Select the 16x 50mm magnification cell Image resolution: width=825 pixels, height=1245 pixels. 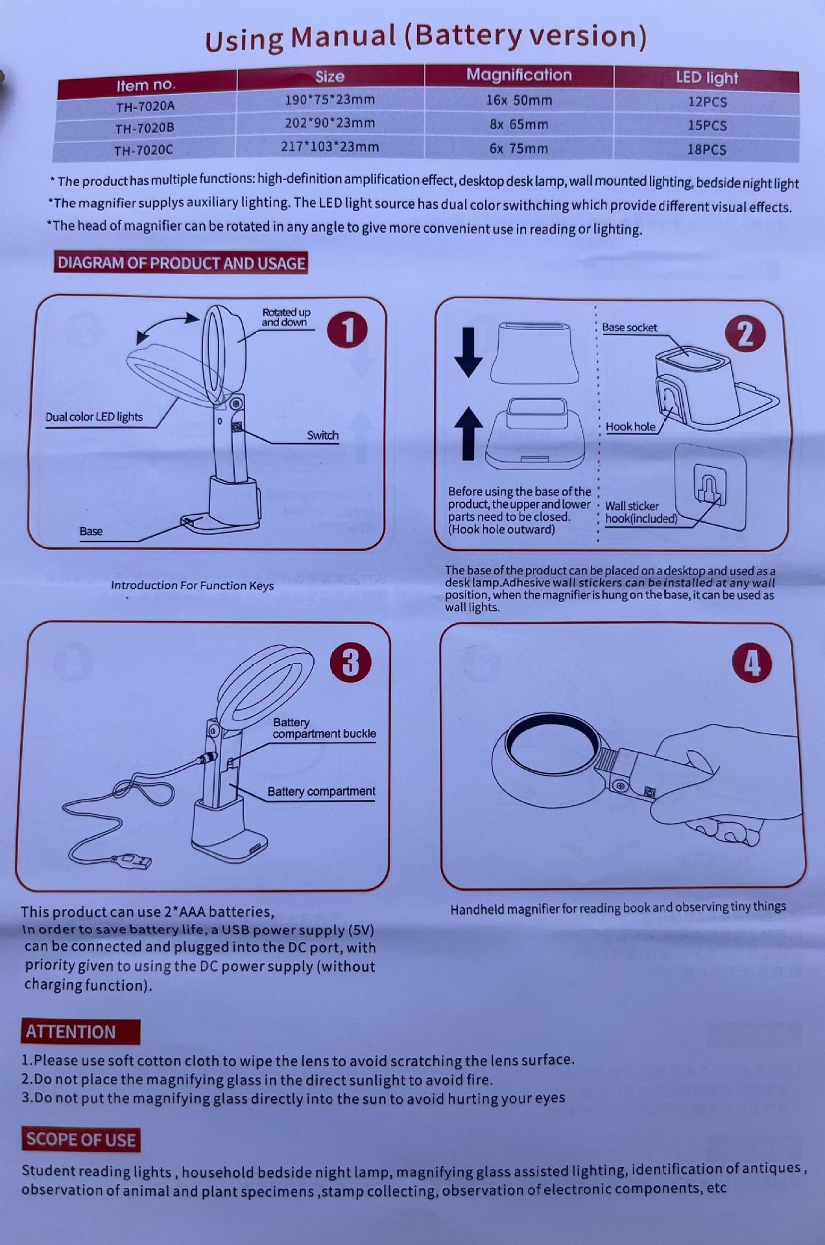tap(519, 101)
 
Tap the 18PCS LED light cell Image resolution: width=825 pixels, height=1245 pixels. tap(706, 150)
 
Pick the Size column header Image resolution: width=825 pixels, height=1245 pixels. tap(330, 77)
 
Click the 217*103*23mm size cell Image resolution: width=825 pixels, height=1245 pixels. tap(329, 147)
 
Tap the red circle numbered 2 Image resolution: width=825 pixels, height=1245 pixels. tap(745, 335)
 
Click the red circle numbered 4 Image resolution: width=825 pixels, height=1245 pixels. tap(752, 663)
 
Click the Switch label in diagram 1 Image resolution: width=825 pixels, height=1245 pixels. tap(322, 435)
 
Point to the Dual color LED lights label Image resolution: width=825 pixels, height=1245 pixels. tap(94, 417)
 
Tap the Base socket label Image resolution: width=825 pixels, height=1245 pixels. tap(629, 327)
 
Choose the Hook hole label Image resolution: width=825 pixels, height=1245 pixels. tap(630, 427)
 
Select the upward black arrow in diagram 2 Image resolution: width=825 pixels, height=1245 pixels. tap(468, 434)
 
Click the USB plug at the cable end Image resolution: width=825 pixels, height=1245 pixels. tap(134, 861)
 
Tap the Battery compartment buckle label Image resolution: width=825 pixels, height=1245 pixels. tap(324, 728)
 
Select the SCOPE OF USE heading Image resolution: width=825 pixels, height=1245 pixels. tap(80, 1139)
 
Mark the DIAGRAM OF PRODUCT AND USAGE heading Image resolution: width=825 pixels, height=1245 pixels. tap(181, 263)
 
